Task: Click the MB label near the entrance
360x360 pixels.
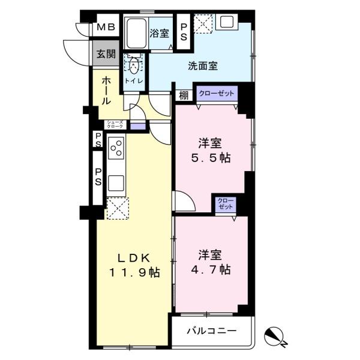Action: coord(106,27)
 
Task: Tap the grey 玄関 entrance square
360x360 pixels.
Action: coord(106,53)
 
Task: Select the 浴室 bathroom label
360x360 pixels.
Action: coord(160,33)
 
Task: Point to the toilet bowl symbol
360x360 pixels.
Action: coord(134,65)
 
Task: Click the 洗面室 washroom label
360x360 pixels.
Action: coord(203,66)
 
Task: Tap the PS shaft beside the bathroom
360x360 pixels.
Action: coord(184,32)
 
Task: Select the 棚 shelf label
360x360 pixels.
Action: coord(184,95)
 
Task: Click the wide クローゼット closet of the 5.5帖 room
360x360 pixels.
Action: coord(217,94)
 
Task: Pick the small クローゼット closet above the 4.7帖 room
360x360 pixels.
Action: coord(226,203)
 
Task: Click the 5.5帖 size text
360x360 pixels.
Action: coord(211,158)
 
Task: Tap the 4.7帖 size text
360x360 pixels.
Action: coord(211,269)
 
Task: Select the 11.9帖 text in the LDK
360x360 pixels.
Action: coord(134,272)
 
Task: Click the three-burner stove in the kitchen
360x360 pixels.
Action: coord(116,148)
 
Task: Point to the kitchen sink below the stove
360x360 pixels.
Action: coord(116,183)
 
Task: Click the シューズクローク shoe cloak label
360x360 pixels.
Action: coord(115,124)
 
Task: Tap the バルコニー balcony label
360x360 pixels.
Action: coord(212,331)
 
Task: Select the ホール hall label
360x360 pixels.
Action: coord(106,91)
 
